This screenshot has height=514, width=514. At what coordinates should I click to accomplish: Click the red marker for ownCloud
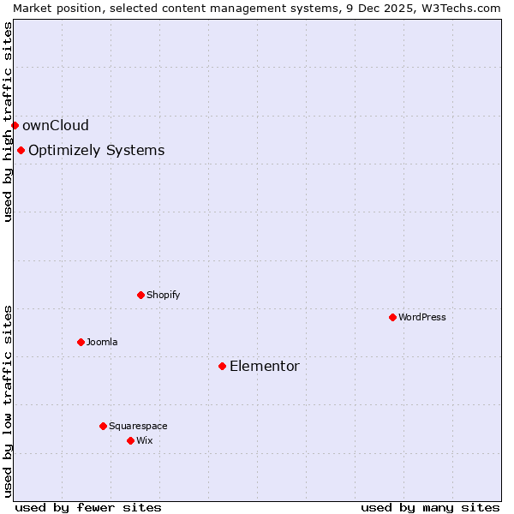pyautogui.click(x=15, y=125)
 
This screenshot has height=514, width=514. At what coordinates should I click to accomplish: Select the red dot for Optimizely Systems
pyautogui.click(x=21, y=151)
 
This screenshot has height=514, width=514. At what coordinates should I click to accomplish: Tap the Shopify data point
pyautogui.click(x=140, y=295)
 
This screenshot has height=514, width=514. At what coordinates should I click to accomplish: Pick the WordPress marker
pyautogui.click(x=392, y=317)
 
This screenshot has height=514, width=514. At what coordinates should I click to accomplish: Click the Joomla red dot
pyautogui.click(x=81, y=342)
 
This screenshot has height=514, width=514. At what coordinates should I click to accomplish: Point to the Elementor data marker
pyautogui.click(x=222, y=366)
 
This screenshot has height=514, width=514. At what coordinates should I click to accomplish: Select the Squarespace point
pyautogui.click(x=103, y=426)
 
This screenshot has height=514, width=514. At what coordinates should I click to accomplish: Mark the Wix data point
pyautogui.click(x=130, y=440)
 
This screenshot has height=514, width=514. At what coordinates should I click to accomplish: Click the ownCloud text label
pyautogui.click(x=56, y=125)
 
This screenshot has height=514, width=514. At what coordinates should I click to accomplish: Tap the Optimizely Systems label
pyautogui.click(x=96, y=151)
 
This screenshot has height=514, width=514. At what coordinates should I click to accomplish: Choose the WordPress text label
pyautogui.click(x=422, y=317)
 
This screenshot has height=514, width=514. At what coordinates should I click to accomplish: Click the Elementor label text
pyautogui.click(x=265, y=367)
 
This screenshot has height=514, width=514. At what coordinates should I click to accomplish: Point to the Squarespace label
pyautogui.click(x=138, y=426)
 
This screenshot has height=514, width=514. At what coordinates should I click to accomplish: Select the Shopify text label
pyautogui.click(x=163, y=295)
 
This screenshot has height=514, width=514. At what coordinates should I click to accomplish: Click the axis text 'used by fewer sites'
pyautogui.click(x=88, y=507)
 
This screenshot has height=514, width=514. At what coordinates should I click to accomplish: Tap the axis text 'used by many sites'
pyautogui.click(x=430, y=507)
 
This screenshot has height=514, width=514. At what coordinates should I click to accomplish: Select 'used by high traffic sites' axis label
pyautogui.click(x=8, y=122)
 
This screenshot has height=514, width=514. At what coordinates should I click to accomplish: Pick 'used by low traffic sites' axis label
pyautogui.click(x=8, y=400)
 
